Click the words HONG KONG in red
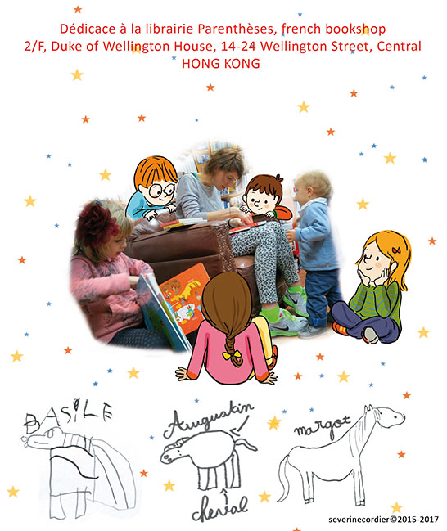(x=221, y=64)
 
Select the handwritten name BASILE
(x=68, y=416)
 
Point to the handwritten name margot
(x=322, y=426)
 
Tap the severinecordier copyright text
(x=383, y=520)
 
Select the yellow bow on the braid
(x=233, y=354)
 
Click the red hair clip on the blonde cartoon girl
(x=396, y=250)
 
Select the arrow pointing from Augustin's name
(x=240, y=425)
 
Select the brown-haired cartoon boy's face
(x=260, y=200)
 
